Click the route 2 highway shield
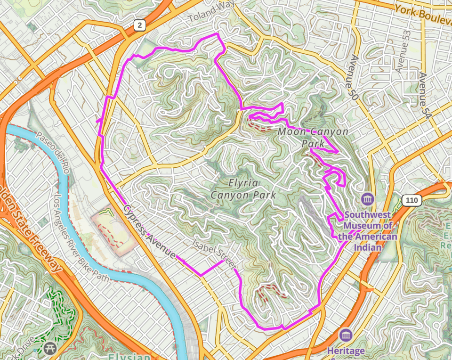pyautogui.click(x=138, y=25)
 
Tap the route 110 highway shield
pyautogui.click(x=412, y=200)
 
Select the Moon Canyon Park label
pyautogui.click(x=313, y=137)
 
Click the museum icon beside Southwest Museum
pyautogui.click(x=367, y=198)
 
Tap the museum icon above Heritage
pyautogui.click(x=346, y=335)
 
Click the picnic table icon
pyautogui.click(x=50, y=348)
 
